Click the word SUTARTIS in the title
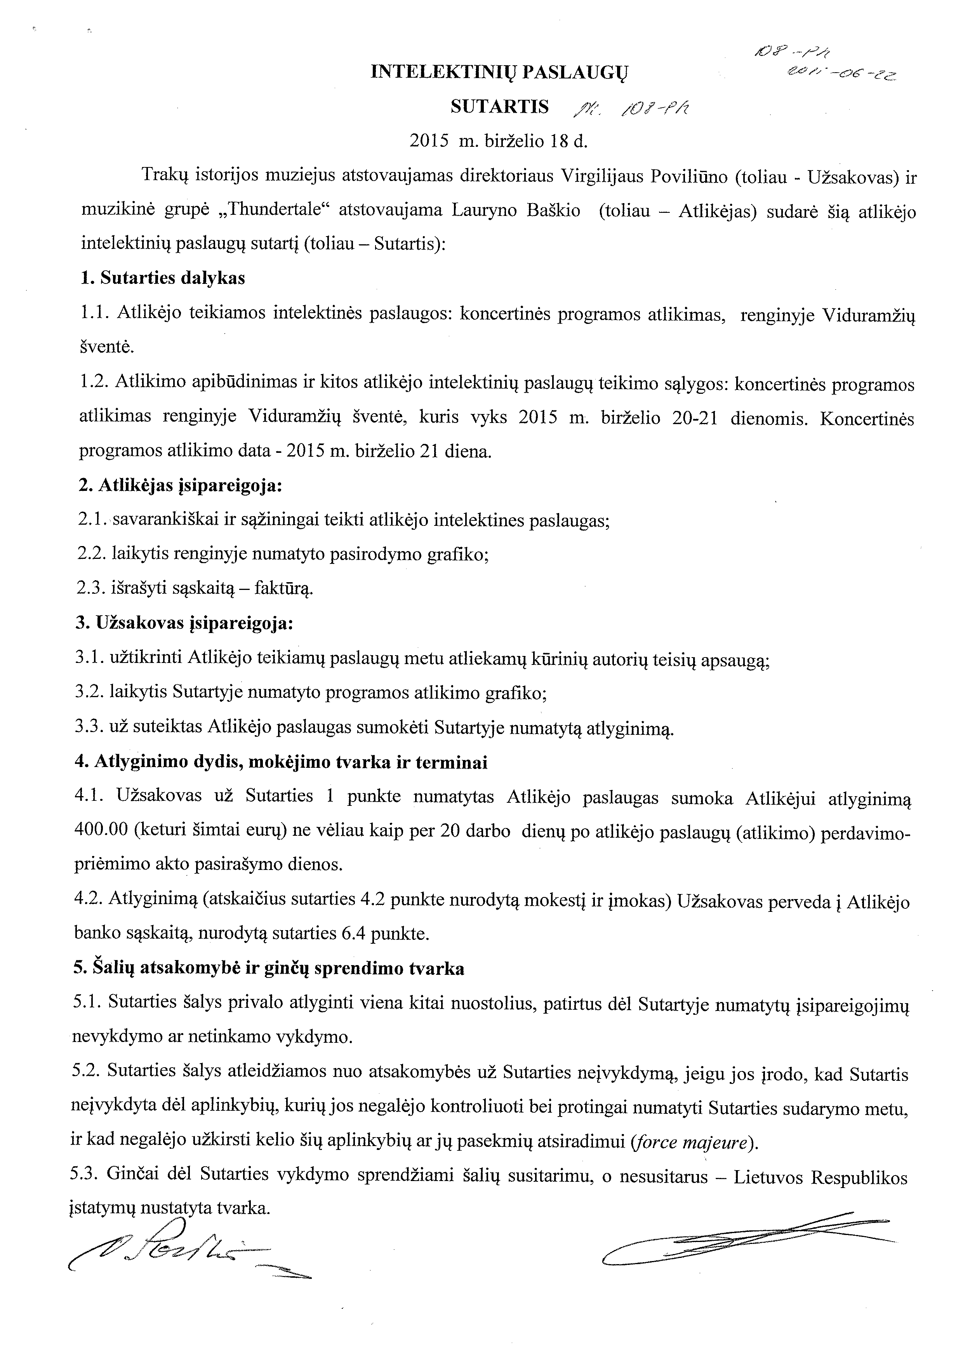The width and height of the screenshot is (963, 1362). pyautogui.click(x=499, y=107)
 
